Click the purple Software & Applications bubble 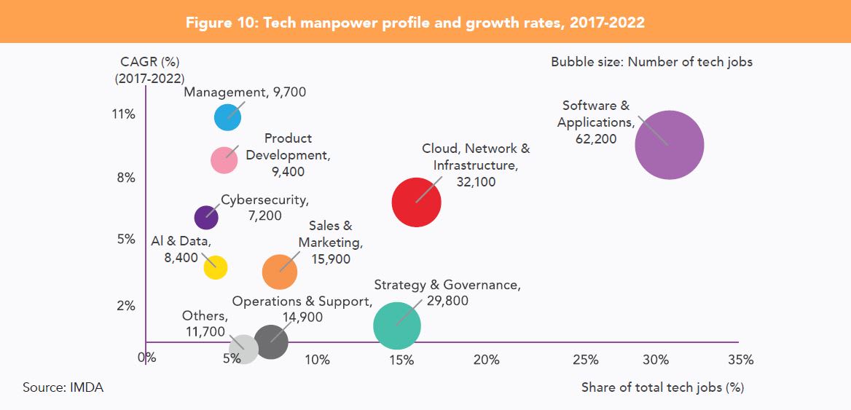click(669, 145)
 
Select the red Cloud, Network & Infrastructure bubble click(416, 202)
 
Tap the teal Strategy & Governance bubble click(397, 326)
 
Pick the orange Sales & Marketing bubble click(280, 272)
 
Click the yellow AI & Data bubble click(215, 267)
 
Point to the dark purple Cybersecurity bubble click(206, 217)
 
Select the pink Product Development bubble click(224, 160)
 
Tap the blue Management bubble click(227, 117)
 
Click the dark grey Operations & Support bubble click(271, 342)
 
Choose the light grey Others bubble click(243, 349)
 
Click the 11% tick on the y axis click(123, 114)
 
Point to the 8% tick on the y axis click(125, 178)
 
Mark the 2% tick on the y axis click(125, 306)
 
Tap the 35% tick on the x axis click(741, 360)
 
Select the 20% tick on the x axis click(486, 360)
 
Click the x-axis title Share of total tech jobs click(662, 387)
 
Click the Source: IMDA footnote click(63, 387)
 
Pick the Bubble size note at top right click(651, 62)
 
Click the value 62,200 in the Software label click(596, 138)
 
